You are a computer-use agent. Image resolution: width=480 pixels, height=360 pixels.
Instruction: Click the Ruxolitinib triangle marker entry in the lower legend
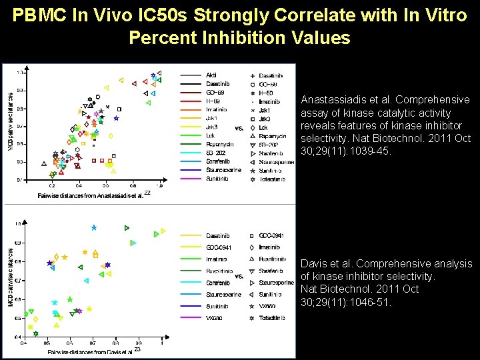[271, 259]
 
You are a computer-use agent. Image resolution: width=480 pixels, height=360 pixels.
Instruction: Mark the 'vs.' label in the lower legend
[239, 276]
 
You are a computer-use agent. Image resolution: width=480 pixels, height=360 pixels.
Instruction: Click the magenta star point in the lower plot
[79, 311]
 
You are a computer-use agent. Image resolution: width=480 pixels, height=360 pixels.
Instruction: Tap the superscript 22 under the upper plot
[147, 193]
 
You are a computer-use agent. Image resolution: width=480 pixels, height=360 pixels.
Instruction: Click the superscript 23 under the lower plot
[137, 349]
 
